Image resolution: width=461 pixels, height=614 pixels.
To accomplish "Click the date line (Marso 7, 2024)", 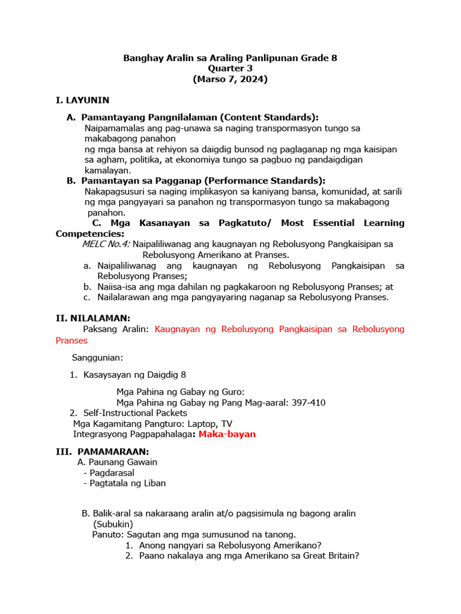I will pos(230,79).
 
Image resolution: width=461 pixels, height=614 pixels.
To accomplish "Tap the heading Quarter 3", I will pos(230,69).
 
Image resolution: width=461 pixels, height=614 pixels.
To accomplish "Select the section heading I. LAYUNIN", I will pos(82,100).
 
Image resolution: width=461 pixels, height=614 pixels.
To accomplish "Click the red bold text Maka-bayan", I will pos(228,434).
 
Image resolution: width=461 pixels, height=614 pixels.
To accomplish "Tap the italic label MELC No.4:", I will pos(106,245).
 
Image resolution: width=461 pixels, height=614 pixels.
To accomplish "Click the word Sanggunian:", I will pos(97,358).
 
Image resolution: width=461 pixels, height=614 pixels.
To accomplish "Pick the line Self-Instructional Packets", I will pos(135,413).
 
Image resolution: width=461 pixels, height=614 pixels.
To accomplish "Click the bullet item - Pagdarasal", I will pos(109,472).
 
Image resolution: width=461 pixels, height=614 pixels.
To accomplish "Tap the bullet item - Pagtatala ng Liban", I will pos(125,483).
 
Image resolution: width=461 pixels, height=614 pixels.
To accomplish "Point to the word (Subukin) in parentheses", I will pos(113,523).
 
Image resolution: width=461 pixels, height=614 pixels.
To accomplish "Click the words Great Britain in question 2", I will pos(333,556).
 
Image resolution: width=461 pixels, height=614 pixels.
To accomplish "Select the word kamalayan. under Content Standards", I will pos(108,170).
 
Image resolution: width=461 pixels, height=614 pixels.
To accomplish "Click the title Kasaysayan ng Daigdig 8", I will pos(135,375).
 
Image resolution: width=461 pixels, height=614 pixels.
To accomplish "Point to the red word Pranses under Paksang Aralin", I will pos(71,341).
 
